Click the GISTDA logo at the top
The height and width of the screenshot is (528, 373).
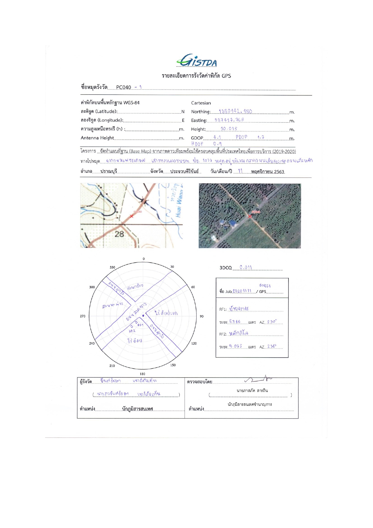[x=197, y=61]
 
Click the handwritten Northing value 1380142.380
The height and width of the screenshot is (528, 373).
[x=235, y=111]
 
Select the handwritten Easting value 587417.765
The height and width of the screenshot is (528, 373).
[x=229, y=120]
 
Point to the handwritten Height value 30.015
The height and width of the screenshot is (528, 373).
[x=229, y=129]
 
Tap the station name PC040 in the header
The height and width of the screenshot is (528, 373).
[x=124, y=87]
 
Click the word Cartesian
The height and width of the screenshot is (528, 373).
[x=201, y=103]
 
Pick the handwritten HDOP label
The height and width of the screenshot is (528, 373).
[x=197, y=144]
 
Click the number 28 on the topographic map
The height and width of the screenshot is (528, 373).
[x=119, y=234]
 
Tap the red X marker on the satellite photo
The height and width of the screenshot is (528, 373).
[x=250, y=216]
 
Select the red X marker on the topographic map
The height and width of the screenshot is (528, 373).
[x=131, y=216]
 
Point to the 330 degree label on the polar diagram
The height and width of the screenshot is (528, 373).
[x=112, y=267]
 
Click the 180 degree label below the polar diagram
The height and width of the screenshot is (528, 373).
[x=142, y=374]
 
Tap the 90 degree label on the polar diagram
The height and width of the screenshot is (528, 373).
[x=201, y=316]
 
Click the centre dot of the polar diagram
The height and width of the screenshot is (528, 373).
[x=143, y=316]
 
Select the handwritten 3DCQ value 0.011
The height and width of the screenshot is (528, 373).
[x=246, y=267]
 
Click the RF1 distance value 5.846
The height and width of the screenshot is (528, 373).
[x=235, y=322]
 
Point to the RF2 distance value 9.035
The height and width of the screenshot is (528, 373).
[x=235, y=346]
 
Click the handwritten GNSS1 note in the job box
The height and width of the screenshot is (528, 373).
[x=265, y=286]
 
